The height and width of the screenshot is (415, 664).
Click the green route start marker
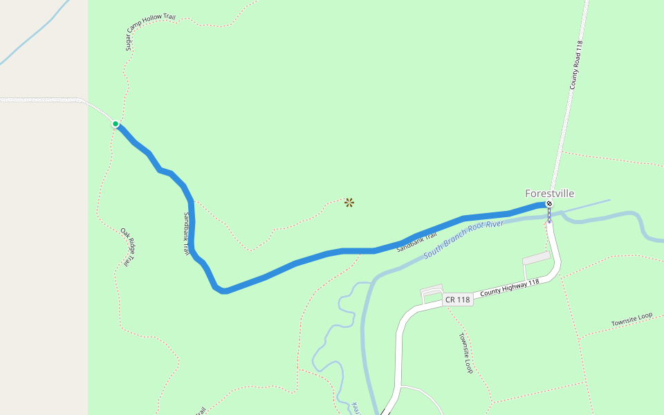pyautogui.click(x=116, y=124)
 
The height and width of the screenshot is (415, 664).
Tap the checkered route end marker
pyautogui.click(x=549, y=204)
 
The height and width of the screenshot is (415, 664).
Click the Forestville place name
pyautogui.click(x=549, y=194)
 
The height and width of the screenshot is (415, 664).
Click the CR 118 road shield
pyautogui.click(x=458, y=299)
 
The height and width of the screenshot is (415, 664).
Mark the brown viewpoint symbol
pyautogui.click(x=349, y=203)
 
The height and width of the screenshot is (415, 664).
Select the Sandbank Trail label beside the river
pyautogui.click(x=417, y=242)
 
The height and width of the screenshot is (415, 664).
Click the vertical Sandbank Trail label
pyautogui.click(x=187, y=234)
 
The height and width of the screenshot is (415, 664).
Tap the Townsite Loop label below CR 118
pyautogui.click(x=465, y=353)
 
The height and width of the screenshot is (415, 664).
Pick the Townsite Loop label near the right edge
pyautogui.click(x=631, y=320)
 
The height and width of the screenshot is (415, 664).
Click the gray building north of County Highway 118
pyautogui.click(x=537, y=258)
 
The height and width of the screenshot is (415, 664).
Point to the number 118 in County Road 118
pyautogui.click(x=580, y=48)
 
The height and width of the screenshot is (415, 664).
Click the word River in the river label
pyautogui.click(x=494, y=225)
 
